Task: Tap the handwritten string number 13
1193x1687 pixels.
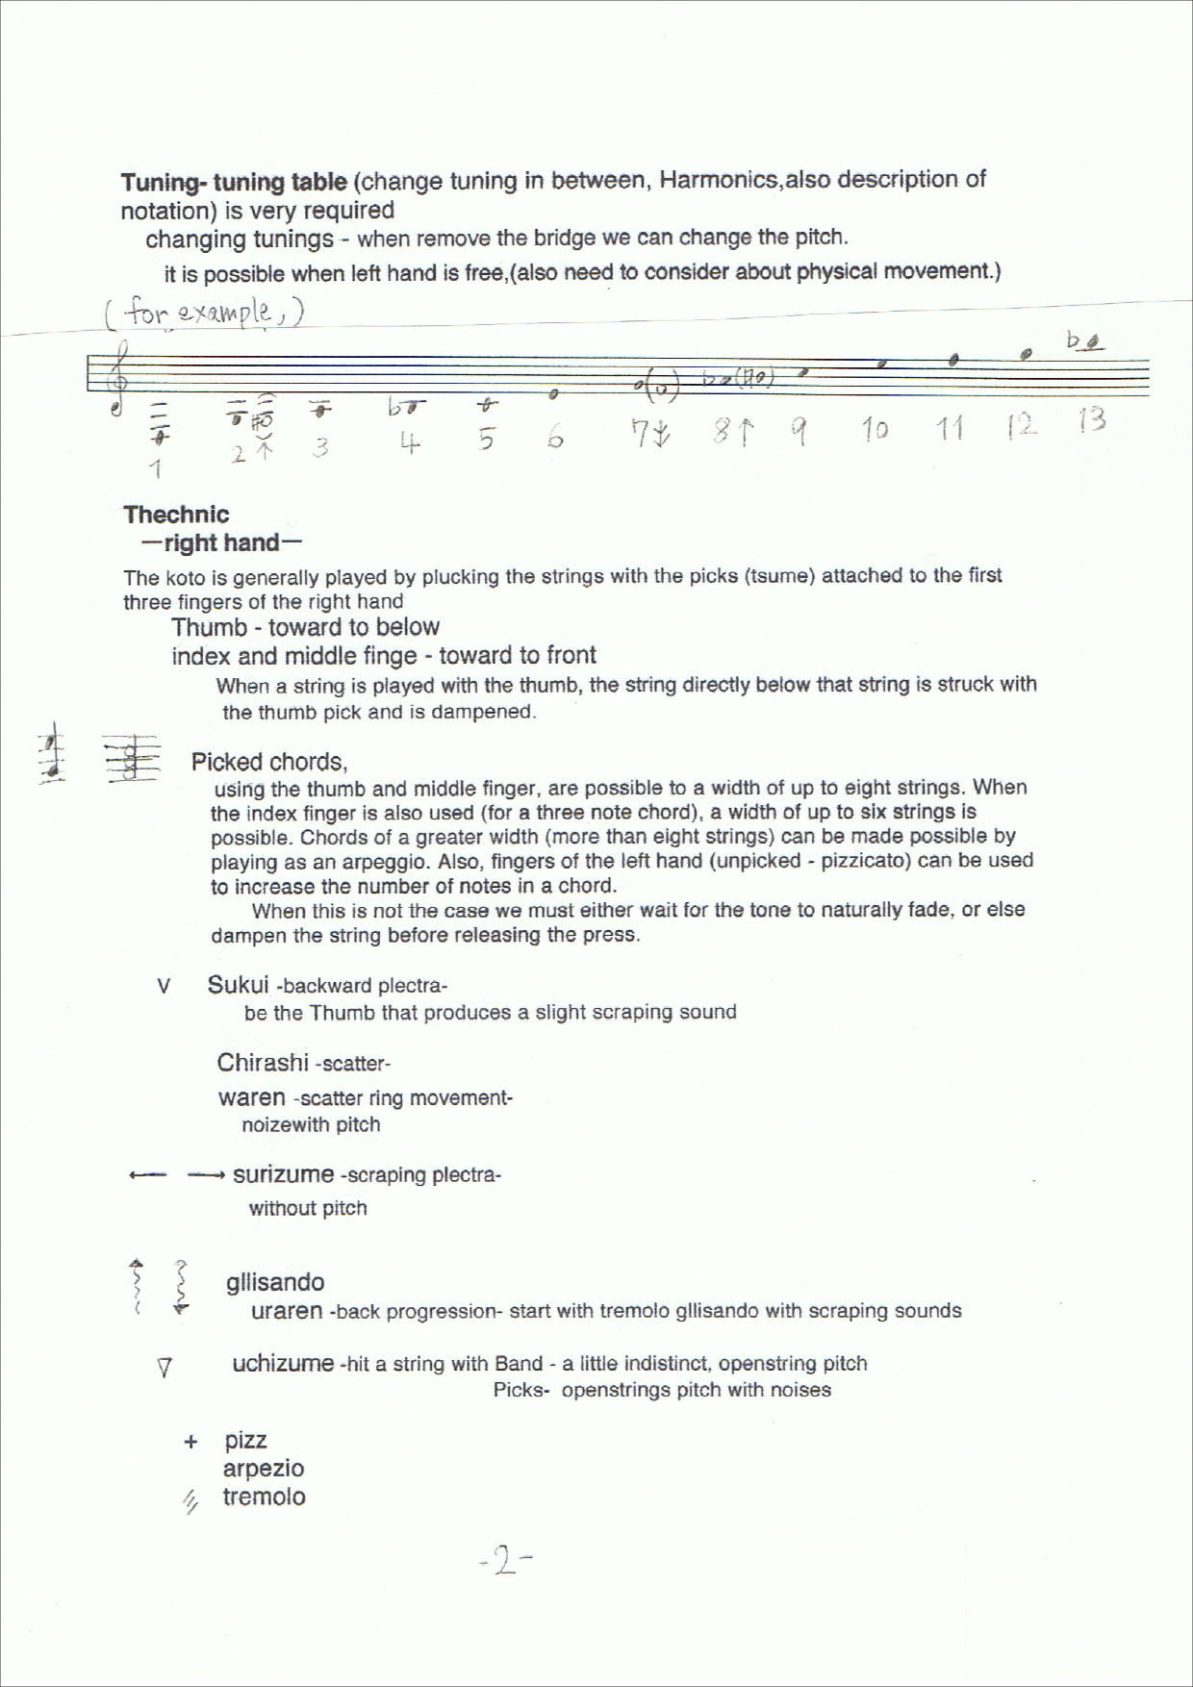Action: click(x=1091, y=420)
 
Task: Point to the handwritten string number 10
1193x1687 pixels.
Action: click(x=874, y=430)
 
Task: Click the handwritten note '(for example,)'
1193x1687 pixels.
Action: click(x=204, y=313)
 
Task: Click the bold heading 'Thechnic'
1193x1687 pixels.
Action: click(x=176, y=515)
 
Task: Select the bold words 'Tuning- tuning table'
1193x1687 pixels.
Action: click(x=234, y=182)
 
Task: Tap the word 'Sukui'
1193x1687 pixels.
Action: click(x=238, y=985)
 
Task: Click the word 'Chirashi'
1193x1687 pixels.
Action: click(x=262, y=1063)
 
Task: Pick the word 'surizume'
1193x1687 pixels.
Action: click(x=283, y=1174)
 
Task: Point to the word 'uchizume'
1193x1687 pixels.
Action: click(x=283, y=1363)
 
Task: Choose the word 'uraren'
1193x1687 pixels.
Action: click(x=286, y=1311)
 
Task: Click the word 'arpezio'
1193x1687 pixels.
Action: click(x=263, y=1469)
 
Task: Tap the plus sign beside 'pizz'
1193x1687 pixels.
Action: click(x=190, y=1442)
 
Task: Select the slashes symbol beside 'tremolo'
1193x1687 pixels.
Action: click(x=190, y=1500)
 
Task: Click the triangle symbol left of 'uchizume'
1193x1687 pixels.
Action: click(x=165, y=1367)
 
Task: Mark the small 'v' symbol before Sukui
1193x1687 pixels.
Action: click(x=164, y=987)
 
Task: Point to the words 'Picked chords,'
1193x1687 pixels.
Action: click(x=269, y=763)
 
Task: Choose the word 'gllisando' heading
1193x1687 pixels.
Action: click(x=275, y=1282)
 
